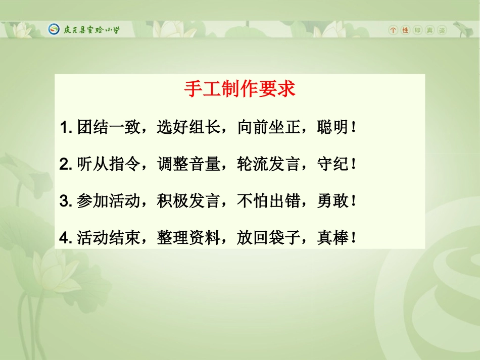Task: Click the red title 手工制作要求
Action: pyautogui.click(x=239, y=89)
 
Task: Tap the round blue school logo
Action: pyautogui.click(x=54, y=29)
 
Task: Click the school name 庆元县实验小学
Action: pyautogui.click(x=91, y=30)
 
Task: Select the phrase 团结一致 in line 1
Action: pyautogui.click(x=109, y=127)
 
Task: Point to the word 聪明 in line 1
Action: pyautogui.click(x=332, y=127)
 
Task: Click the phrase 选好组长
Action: pyautogui.click(x=188, y=127)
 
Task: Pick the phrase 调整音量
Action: pyautogui.click(x=188, y=164)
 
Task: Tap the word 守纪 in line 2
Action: pyautogui.click(x=332, y=164)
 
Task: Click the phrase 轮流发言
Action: pyautogui.click(x=268, y=164)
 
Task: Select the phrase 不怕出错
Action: pyautogui.click(x=268, y=201)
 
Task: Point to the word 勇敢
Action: pyautogui.click(x=332, y=201)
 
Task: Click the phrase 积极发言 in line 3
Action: pyautogui.click(x=188, y=201)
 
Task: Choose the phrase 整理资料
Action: pyautogui.click(x=188, y=238)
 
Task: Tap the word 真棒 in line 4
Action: pyautogui.click(x=332, y=238)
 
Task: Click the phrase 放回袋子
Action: pyautogui.click(x=268, y=238)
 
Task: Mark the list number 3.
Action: pyautogui.click(x=64, y=201)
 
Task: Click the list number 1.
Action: pyautogui.click(x=64, y=128)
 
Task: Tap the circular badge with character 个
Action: pyautogui.click(x=393, y=30)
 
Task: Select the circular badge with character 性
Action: pyautogui.click(x=405, y=30)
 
